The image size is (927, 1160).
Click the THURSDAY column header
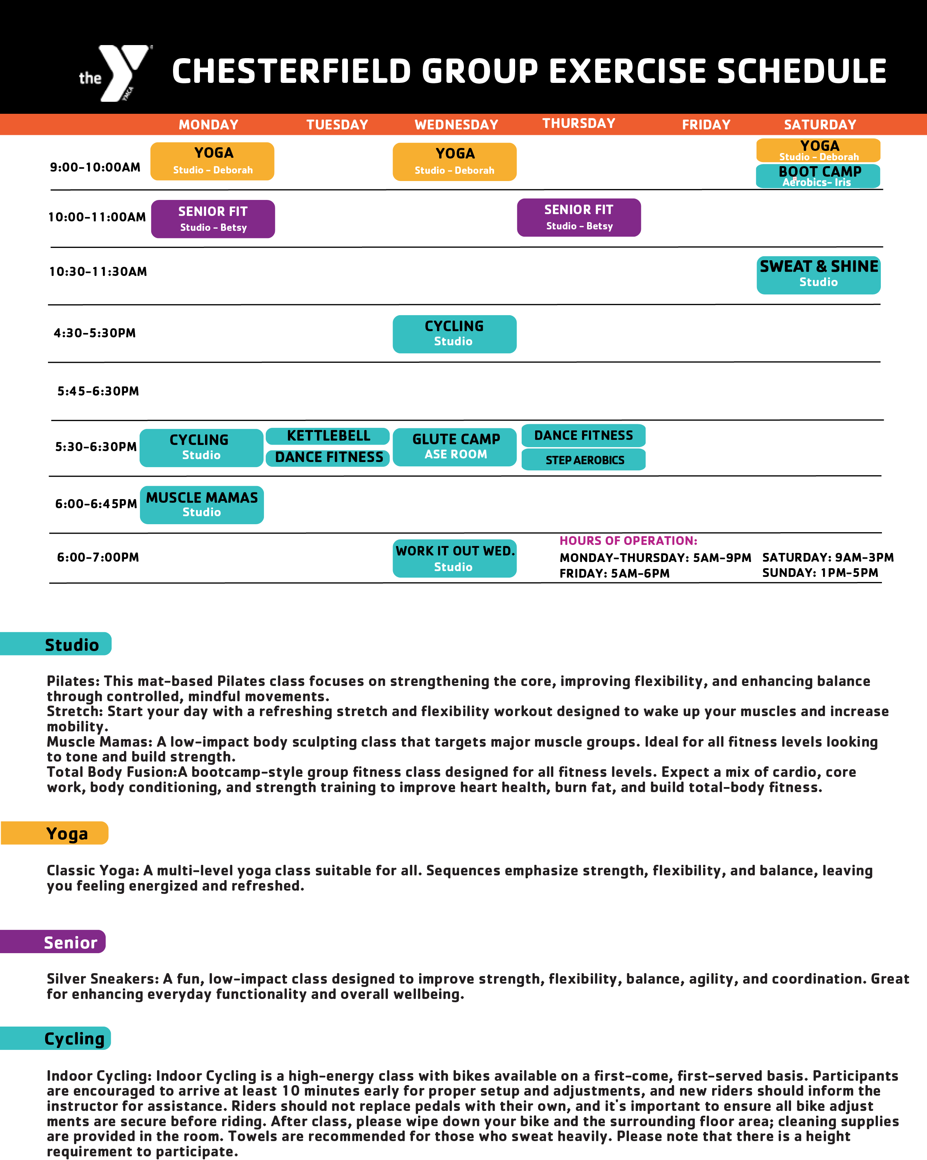point(578,123)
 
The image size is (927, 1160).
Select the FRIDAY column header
point(706,125)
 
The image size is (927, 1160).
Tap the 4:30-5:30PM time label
point(95,333)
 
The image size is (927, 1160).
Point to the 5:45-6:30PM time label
point(98,391)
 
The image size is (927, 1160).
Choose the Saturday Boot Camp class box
point(818,176)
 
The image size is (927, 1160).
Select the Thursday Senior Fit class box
point(579,217)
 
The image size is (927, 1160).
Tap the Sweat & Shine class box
point(818,275)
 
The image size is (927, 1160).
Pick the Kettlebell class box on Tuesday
point(328,436)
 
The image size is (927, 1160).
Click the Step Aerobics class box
point(584,460)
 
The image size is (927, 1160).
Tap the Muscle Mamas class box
point(202,505)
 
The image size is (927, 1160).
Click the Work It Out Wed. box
point(455,558)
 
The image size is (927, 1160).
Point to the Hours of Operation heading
point(628,541)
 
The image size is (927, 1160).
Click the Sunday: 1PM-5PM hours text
point(820,573)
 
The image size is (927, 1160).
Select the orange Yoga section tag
point(55,834)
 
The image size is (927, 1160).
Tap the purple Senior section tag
point(54,942)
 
